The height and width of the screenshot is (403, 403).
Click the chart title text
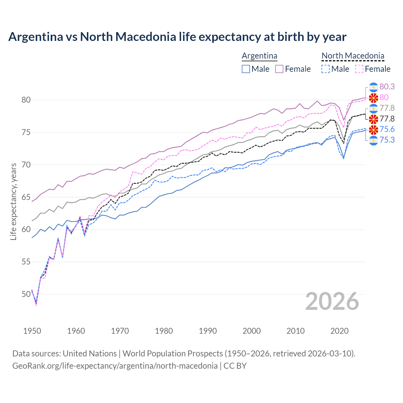177,37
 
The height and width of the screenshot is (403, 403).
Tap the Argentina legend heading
259,56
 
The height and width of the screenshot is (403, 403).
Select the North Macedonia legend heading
353,56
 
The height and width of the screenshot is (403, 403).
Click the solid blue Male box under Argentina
246,69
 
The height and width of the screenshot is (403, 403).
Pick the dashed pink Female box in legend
359,69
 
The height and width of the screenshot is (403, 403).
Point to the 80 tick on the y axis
26,100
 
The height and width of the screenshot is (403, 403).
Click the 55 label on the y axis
26,262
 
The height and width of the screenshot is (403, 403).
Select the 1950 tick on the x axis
32,331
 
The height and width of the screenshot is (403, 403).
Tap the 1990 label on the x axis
208,331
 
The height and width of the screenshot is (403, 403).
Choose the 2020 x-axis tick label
339,331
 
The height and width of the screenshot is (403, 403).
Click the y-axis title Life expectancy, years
14,201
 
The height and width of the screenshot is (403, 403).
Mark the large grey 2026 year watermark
332,301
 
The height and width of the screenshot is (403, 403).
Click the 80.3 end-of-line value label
387,87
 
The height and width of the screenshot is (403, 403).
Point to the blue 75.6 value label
387,129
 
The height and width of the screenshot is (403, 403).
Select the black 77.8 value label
387,119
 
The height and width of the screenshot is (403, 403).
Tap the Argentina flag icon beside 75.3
373,140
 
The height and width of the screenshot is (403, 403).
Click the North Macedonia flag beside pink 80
373,98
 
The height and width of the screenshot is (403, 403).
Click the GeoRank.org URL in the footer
115,366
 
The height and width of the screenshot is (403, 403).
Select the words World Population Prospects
173,354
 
